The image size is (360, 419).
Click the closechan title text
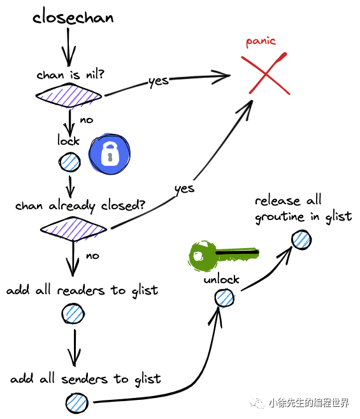click(x=73, y=17)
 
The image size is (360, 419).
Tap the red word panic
click(x=261, y=41)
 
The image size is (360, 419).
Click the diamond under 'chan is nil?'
click(x=69, y=96)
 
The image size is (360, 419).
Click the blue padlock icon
click(x=110, y=155)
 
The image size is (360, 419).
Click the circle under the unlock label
click(x=224, y=297)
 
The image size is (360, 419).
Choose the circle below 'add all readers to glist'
click(x=73, y=313)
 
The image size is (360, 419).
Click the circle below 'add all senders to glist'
click(x=76, y=402)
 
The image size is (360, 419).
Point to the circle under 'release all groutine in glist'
click(x=301, y=239)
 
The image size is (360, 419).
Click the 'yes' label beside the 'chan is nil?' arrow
click(x=159, y=82)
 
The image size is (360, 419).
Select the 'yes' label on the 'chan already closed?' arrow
click(x=184, y=189)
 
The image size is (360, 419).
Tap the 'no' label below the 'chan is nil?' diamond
click(x=87, y=120)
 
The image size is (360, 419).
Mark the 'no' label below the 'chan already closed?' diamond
click(x=92, y=256)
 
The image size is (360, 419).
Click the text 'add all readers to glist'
click(x=82, y=291)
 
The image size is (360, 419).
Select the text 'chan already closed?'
click(x=80, y=207)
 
